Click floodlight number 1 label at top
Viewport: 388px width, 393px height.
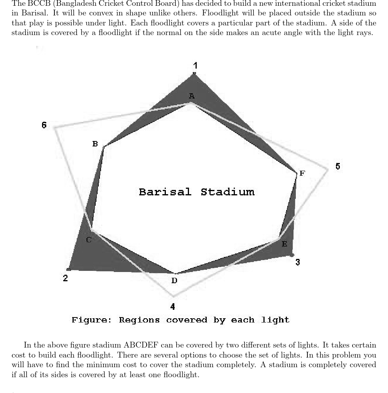[195, 65]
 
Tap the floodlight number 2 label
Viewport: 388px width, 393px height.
[65, 278]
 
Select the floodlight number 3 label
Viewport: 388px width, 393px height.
[297, 262]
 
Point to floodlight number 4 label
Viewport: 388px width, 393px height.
[173, 307]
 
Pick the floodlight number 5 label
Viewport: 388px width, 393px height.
[338, 166]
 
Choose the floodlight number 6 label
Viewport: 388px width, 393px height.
[44, 125]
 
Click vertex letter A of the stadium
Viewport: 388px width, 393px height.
[192, 96]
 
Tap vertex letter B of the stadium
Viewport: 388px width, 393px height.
[95, 144]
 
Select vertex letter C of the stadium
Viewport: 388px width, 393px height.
[89, 240]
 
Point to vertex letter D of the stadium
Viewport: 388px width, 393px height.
[174, 280]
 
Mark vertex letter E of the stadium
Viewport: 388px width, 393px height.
[284, 244]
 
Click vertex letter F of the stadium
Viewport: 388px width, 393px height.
[302, 173]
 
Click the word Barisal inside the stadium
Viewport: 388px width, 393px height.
[165, 192]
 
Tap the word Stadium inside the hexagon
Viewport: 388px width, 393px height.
[228, 192]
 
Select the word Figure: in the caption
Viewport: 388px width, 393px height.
[91, 320]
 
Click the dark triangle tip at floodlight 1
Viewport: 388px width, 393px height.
[194, 74]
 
